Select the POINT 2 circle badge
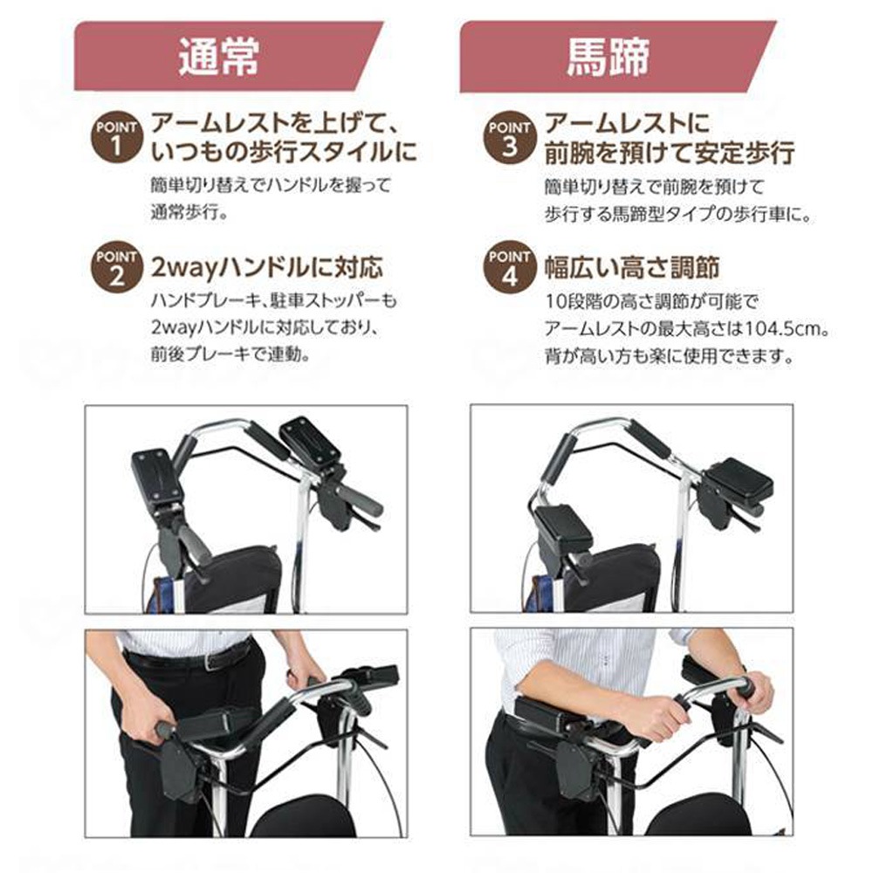115,265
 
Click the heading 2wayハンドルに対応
267,265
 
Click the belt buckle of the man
214,661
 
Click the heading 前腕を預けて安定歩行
669,154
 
